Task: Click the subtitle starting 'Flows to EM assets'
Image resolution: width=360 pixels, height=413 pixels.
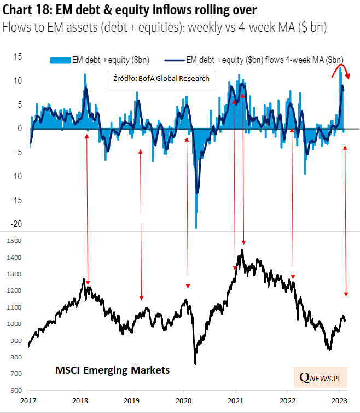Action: [164, 28]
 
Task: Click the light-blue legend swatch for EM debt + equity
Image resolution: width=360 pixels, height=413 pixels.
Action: [61, 60]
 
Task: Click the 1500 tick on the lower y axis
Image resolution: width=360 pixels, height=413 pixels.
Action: [15, 241]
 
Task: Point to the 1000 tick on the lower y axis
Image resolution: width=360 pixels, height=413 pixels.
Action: [15, 324]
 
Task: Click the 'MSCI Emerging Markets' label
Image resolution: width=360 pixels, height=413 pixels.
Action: [113, 370]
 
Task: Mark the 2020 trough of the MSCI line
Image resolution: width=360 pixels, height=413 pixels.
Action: [195, 363]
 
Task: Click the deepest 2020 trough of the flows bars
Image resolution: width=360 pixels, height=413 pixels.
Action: [196, 226]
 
